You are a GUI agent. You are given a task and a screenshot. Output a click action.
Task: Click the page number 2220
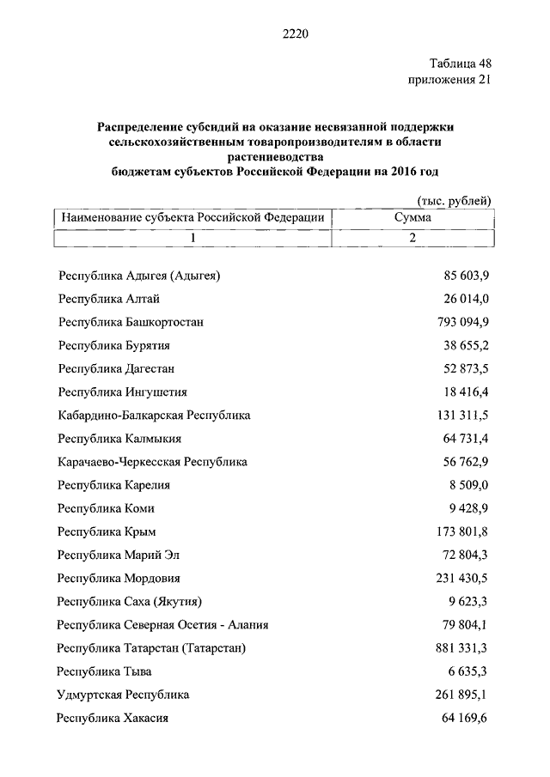tap(293, 34)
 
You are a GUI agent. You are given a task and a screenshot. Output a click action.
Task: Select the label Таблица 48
tap(460, 64)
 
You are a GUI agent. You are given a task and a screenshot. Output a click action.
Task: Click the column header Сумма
tap(412, 218)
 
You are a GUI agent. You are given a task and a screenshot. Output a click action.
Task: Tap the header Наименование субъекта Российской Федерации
tap(192, 218)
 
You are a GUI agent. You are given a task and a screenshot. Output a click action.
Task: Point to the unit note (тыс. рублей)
tap(454, 201)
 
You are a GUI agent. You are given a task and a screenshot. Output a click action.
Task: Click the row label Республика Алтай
tap(108, 299)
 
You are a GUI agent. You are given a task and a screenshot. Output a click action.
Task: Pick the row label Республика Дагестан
tap(116, 368)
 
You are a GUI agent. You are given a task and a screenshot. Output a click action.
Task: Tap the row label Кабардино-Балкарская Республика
tap(154, 416)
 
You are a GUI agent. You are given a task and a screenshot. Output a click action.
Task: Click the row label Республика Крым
tap(107, 531)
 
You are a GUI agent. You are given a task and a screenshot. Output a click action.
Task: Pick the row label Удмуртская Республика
tap(122, 694)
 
